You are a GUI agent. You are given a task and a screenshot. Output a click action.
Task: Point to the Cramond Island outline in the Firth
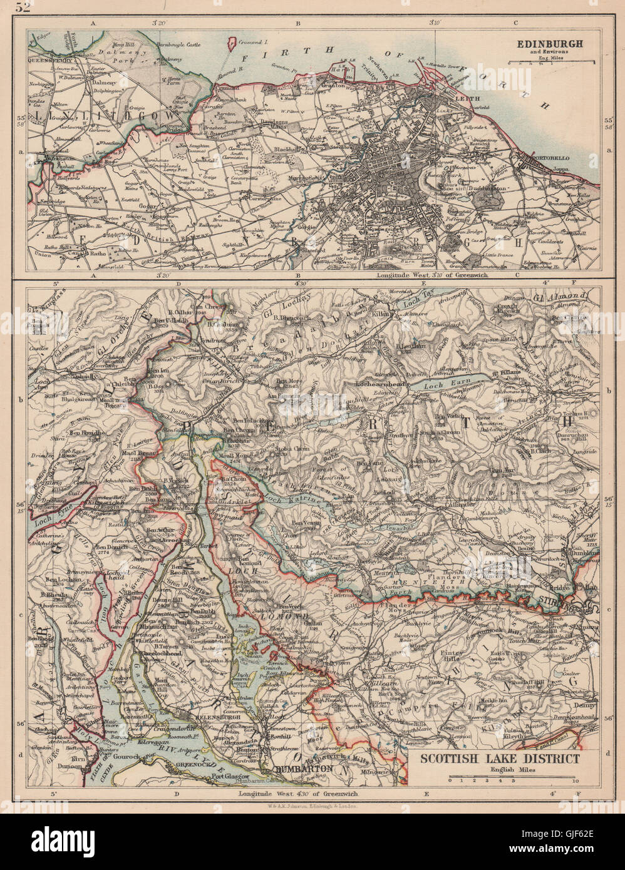tap(233, 43)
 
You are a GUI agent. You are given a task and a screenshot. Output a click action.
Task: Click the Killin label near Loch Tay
tap(383, 318)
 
